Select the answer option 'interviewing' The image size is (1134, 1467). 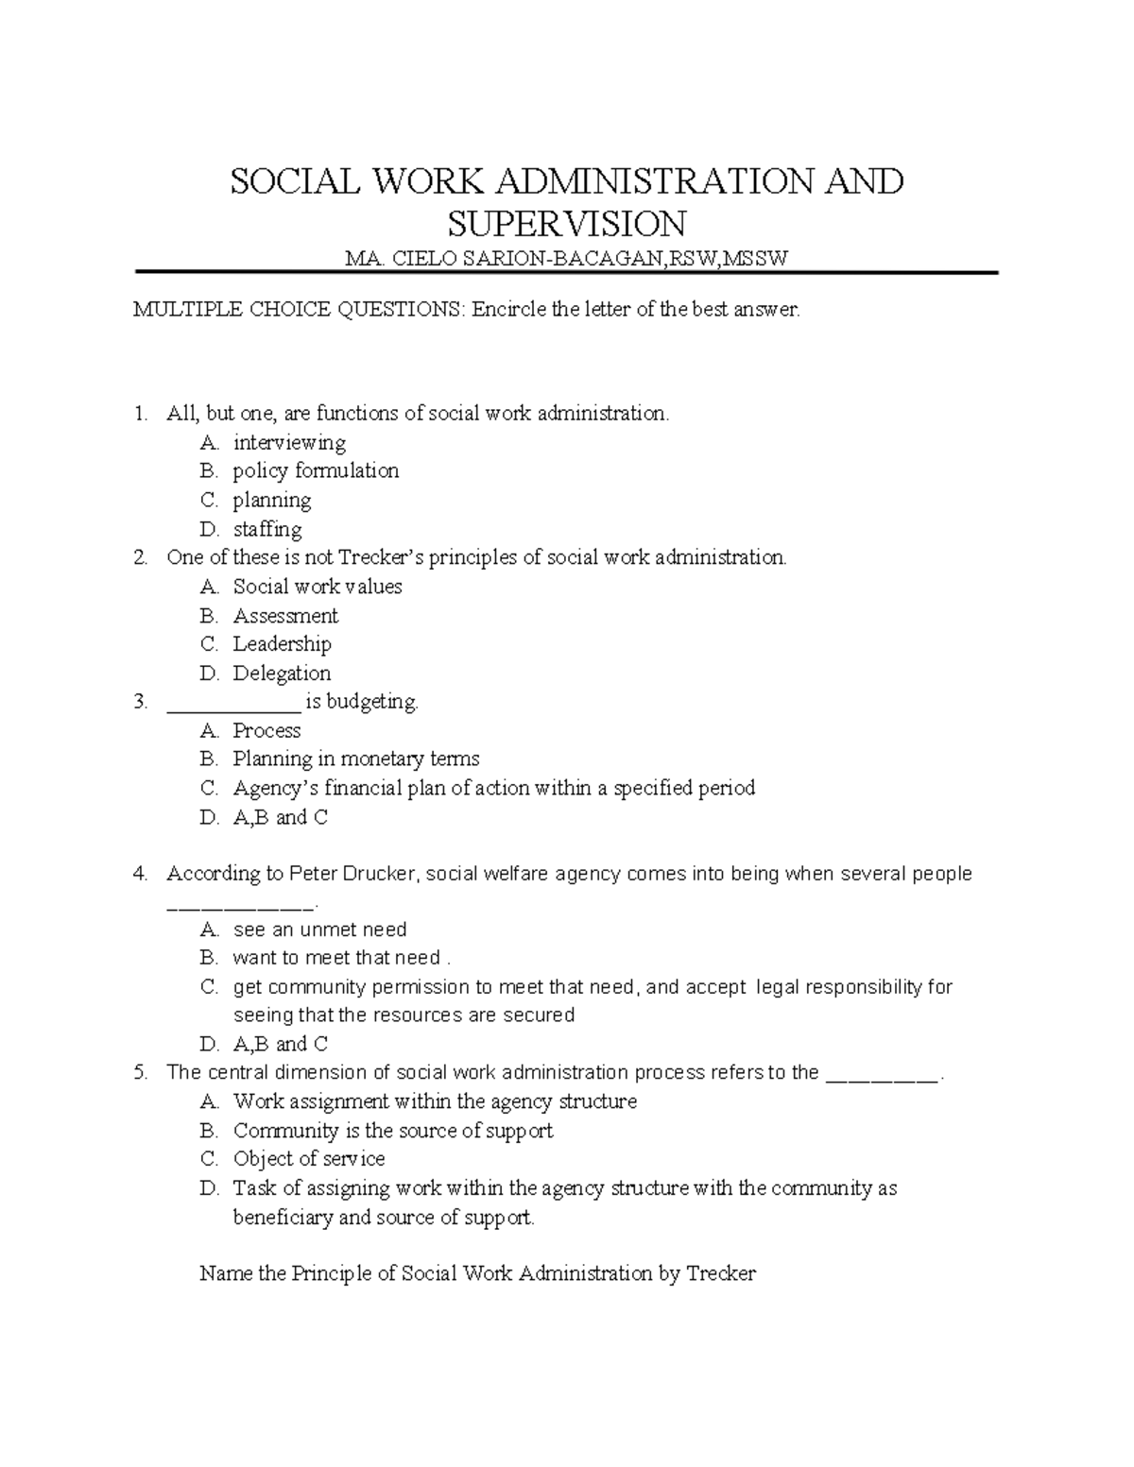289,443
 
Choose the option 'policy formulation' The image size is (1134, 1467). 316,471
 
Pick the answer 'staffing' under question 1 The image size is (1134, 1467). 267,529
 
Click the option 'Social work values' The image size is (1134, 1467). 318,587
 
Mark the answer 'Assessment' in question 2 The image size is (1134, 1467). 285,616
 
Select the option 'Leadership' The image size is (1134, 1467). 282,644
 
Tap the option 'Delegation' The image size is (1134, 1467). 282,674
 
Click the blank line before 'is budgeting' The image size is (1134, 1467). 232,704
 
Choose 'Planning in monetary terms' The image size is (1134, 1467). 356,759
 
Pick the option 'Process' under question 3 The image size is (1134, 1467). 266,731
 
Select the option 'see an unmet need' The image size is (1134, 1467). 319,930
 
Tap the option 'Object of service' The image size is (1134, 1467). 309,1159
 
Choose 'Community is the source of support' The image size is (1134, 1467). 392,1131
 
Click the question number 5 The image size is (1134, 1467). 141,1073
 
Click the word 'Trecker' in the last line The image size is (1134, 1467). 720,1274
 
